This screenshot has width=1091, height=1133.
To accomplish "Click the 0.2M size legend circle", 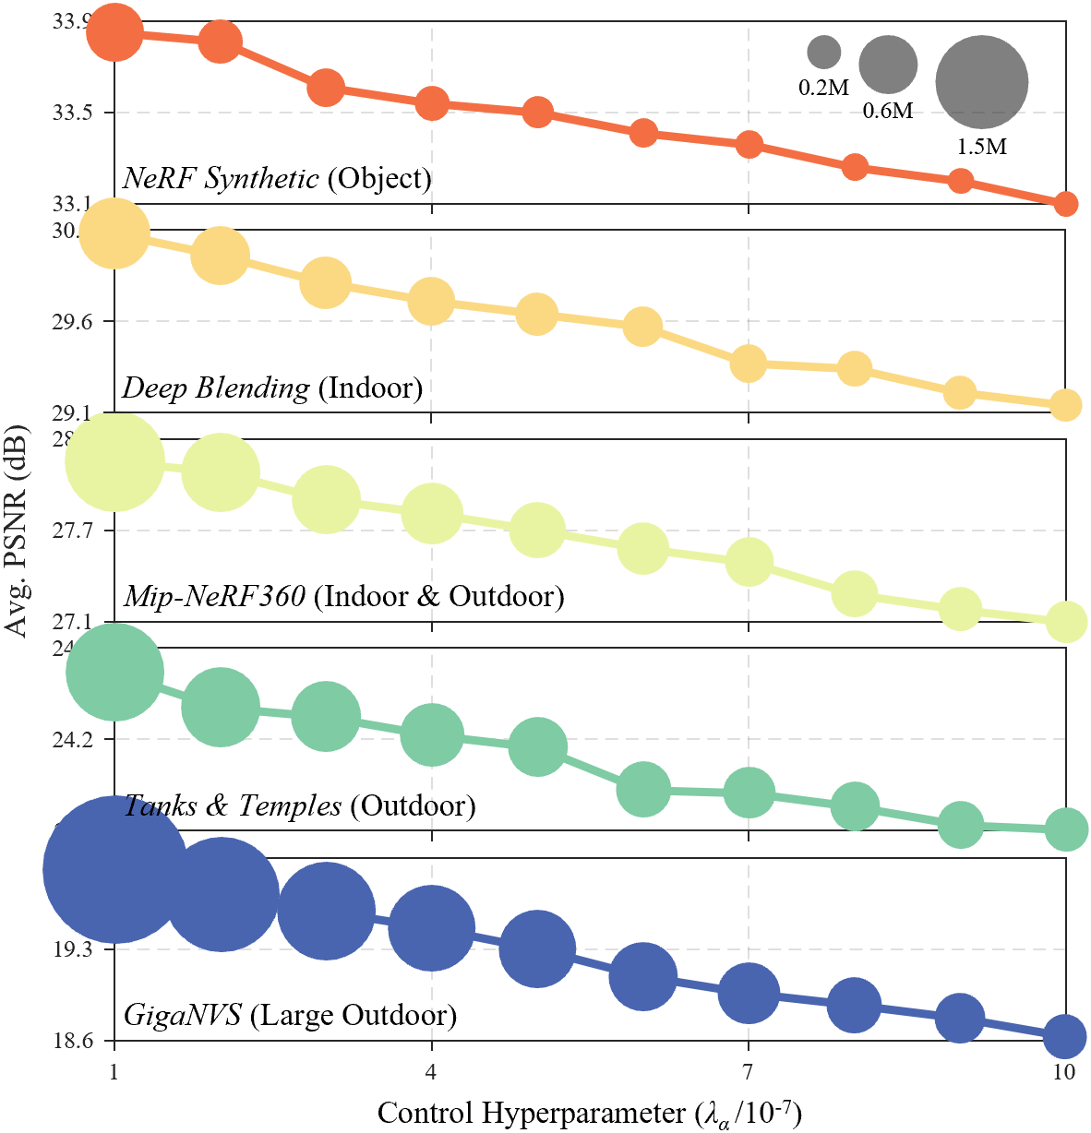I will (x=822, y=52).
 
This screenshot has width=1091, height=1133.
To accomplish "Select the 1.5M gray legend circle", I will (x=981, y=82).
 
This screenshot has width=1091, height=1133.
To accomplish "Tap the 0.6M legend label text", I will (x=887, y=111).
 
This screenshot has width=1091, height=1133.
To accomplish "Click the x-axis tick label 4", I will (x=431, y=1073).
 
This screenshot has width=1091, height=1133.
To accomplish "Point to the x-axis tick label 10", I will (x=1064, y=1073).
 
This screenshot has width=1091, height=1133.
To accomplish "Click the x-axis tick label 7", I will (x=748, y=1073).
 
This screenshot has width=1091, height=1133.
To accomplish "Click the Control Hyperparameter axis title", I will (x=589, y=1113).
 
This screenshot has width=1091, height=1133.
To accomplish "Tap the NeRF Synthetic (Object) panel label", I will (x=277, y=177).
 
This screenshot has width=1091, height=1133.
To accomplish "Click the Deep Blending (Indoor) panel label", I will (x=272, y=388).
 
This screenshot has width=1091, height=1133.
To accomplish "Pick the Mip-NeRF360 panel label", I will (x=343, y=596).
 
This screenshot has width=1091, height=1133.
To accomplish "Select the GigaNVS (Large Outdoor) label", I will (x=290, y=1015).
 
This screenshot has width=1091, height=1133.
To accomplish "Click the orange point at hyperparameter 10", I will (x=1065, y=204).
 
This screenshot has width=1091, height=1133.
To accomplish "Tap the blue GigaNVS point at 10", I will (x=1065, y=1035).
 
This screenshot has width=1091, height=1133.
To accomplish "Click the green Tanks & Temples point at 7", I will (x=749, y=793).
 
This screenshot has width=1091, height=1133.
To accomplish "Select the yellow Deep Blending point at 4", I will (x=431, y=302).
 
